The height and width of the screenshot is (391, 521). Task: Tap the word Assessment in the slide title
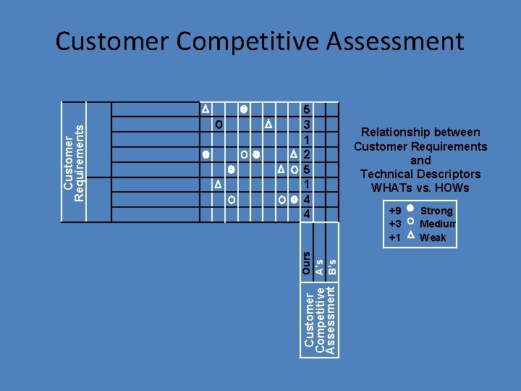395,42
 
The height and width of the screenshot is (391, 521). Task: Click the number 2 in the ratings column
307,155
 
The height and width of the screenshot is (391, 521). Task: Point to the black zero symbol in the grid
219,125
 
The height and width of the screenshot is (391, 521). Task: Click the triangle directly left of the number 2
293,154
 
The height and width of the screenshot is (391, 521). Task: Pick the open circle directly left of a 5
295,170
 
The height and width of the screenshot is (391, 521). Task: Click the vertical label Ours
307,262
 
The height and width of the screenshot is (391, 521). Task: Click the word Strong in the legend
436,211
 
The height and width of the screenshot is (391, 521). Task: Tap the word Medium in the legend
438,224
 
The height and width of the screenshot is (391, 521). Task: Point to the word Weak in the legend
433,237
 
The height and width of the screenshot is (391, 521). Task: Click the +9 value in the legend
395,211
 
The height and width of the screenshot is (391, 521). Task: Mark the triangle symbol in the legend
410,236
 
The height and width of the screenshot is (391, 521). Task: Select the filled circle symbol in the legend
410,210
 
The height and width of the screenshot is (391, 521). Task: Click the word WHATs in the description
391,188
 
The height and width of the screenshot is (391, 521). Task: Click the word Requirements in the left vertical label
81,161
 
